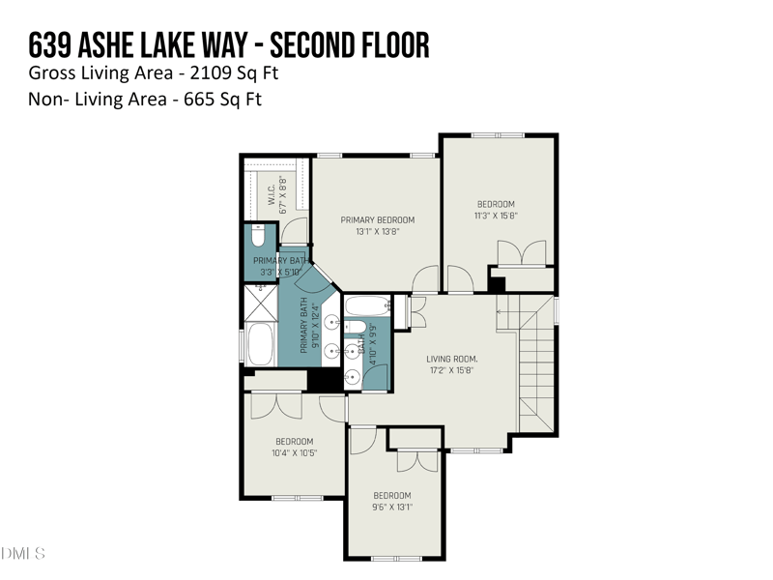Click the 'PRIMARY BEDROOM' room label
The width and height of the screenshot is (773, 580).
[377, 220]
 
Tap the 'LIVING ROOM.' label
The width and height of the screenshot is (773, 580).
[452, 359]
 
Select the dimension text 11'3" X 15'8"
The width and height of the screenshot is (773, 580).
[496, 217]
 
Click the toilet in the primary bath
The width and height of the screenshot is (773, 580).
[258, 237]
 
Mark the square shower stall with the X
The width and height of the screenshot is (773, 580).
[259, 302]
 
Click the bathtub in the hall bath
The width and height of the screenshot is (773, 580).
[366, 307]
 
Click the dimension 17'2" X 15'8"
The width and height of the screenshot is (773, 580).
[452, 370]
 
